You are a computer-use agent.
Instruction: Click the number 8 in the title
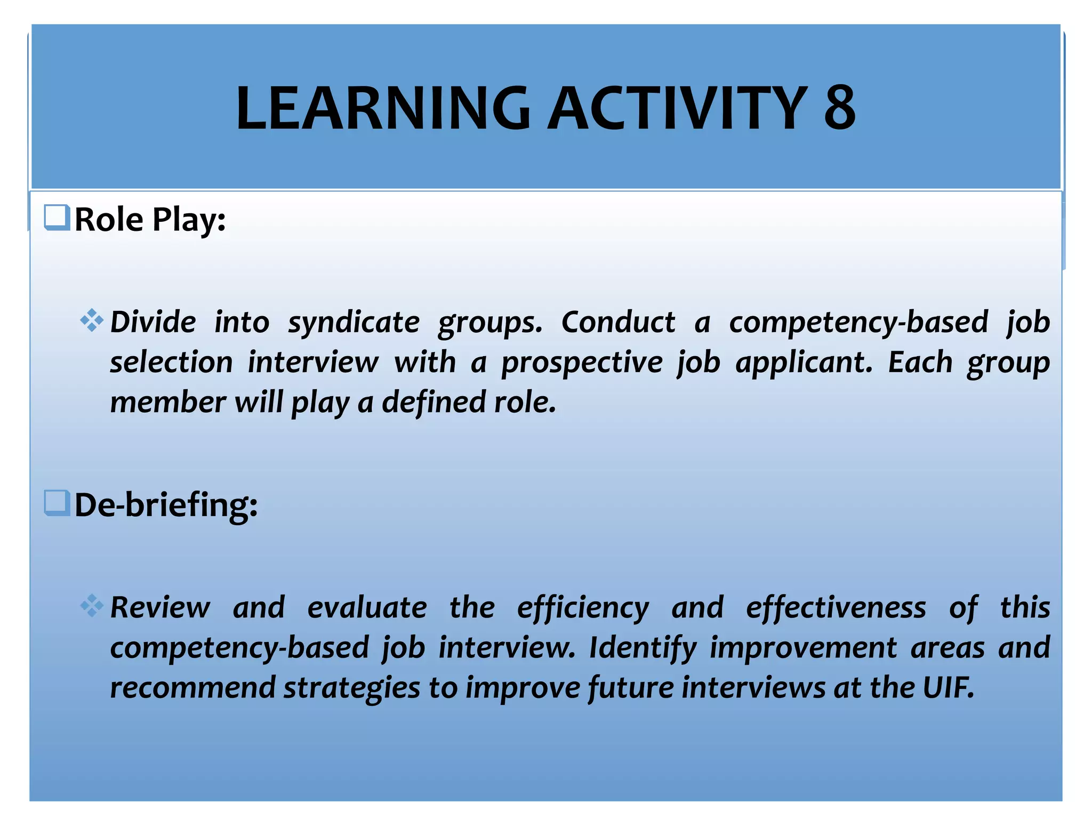[x=839, y=108]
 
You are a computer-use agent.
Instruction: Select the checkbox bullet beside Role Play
[x=57, y=218]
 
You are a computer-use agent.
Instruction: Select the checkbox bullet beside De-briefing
[x=57, y=503]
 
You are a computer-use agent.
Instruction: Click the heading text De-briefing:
[x=166, y=504]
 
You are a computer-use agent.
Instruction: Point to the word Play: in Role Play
[x=189, y=220]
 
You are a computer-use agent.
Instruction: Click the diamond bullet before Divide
[x=91, y=320]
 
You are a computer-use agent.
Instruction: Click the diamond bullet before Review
[x=91, y=605]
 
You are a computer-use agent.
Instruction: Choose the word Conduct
[x=618, y=322]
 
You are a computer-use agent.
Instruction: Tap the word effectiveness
[x=836, y=608]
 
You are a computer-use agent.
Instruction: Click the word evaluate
[x=367, y=608]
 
